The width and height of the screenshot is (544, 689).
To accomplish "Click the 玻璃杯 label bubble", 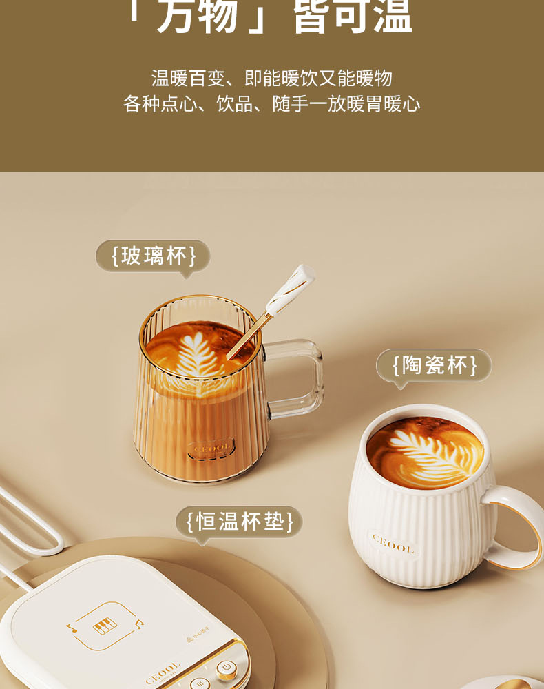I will [x=153, y=256].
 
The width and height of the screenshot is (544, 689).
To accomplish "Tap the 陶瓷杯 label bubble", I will [x=434, y=365].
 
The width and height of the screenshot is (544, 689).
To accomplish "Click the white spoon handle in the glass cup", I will [x=292, y=288].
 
